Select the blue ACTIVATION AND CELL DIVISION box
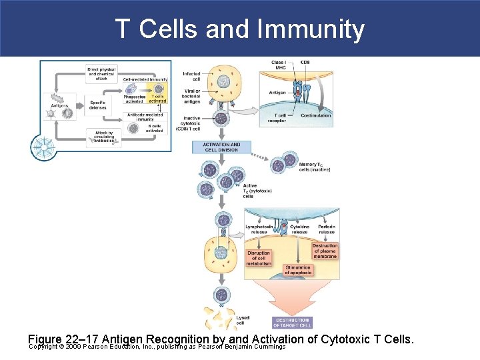pos(221,147)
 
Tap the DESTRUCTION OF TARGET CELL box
pos(292,323)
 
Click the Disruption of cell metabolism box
pos(259,258)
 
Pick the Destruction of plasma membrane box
pos(325,251)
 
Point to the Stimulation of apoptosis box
pos(297,270)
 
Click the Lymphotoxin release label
pos(259,229)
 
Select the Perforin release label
pos(327,229)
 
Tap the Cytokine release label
pos(299,229)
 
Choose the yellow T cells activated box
pos(158,99)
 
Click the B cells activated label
pos(154,128)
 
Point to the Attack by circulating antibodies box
pos(104,136)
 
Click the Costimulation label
pos(315,115)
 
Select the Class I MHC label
pos(279,65)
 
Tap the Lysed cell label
pos(243,320)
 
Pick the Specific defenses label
pos(98,105)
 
